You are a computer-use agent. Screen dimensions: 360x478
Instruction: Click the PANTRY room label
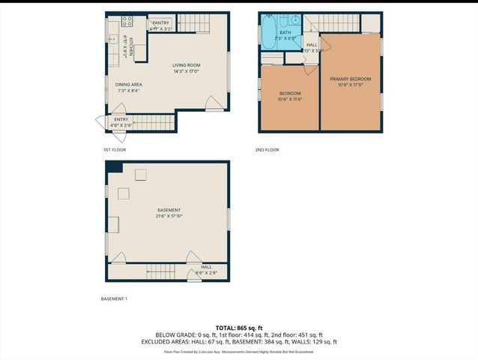click(161, 22)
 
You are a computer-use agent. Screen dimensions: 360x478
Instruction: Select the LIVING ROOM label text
click(186, 65)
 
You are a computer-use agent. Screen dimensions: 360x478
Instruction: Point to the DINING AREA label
click(128, 85)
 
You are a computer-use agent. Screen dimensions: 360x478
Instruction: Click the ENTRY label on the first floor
click(121, 119)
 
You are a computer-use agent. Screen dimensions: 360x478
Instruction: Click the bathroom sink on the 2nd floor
click(294, 21)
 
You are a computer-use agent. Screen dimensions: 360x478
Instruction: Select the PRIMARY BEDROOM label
click(350, 79)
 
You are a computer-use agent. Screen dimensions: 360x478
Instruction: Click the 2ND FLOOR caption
click(267, 150)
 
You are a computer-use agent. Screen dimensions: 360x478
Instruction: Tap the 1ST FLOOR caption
click(115, 150)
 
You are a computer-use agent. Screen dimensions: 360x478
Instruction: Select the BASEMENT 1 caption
click(114, 299)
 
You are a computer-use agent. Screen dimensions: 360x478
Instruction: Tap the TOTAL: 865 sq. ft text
click(239, 328)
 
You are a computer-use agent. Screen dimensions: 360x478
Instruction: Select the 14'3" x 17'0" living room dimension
click(186, 71)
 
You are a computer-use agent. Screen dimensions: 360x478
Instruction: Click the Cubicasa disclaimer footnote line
click(239, 351)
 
